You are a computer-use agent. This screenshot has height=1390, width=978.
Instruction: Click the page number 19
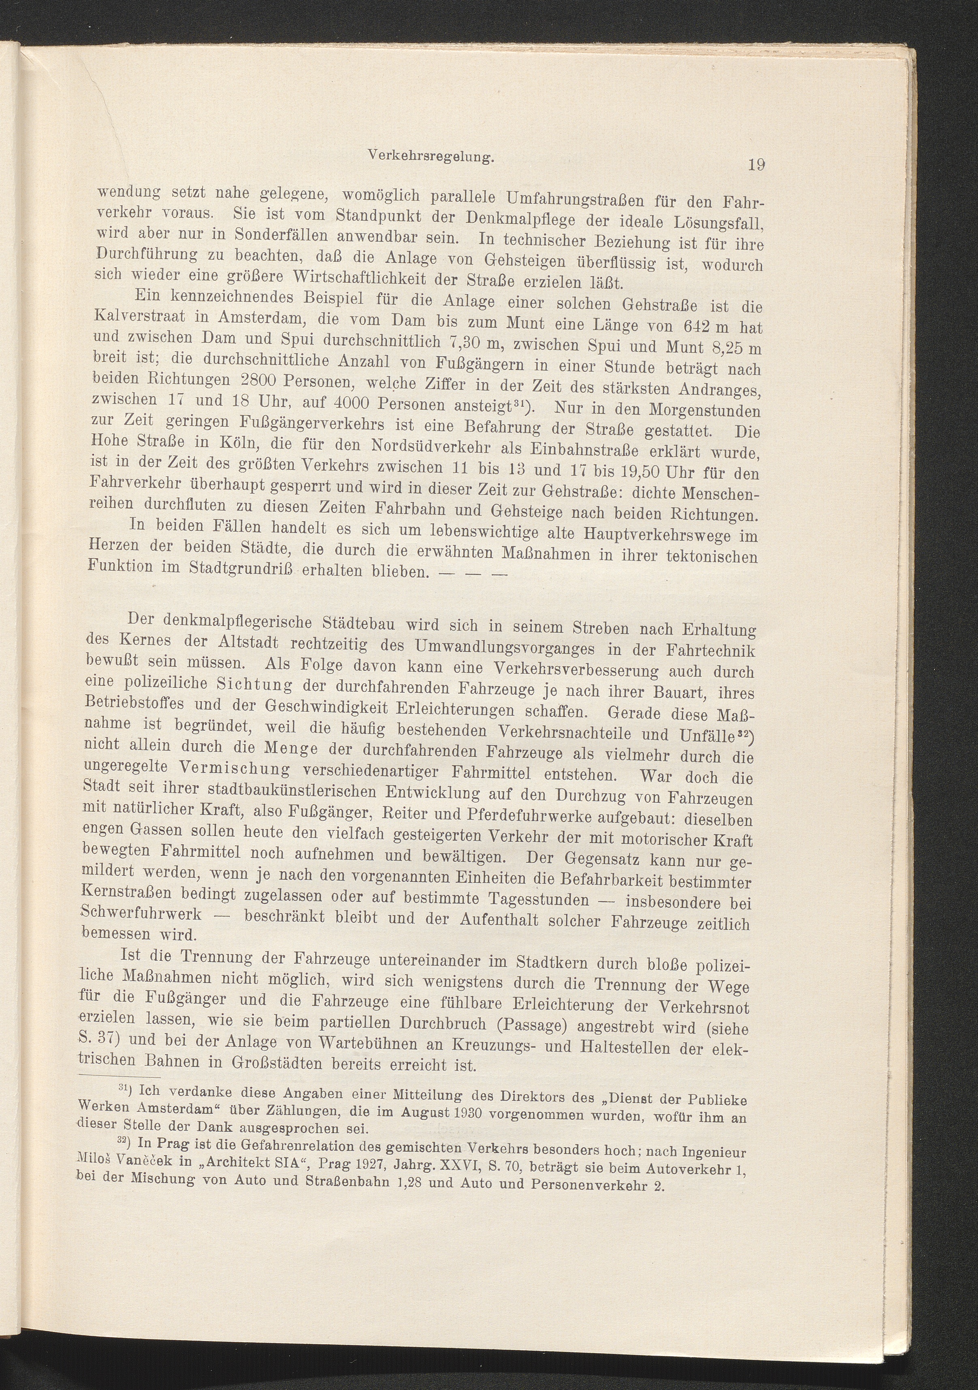coord(757,165)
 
